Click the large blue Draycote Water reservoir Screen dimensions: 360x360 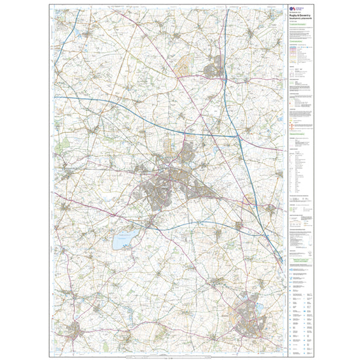point(124,240)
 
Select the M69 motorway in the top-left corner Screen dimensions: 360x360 point(65,39)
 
